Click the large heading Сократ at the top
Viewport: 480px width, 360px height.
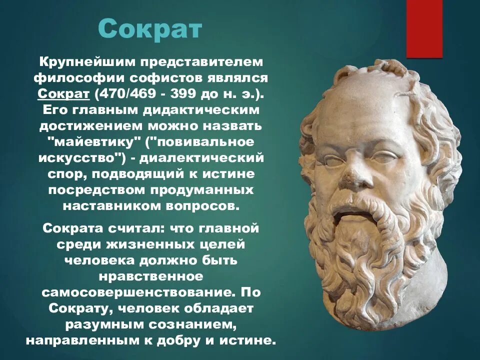tap(149, 29)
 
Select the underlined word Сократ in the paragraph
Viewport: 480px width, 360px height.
tap(63, 94)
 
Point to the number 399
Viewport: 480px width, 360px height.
tap(179, 94)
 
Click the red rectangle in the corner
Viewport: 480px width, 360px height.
tap(424, 29)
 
